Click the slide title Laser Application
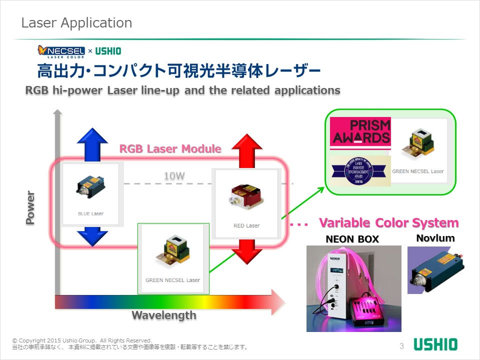[x=76, y=23]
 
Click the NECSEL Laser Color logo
[x=61, y=51]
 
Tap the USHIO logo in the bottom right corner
[x=435, y=344]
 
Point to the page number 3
[x=401, y=346]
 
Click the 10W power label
[x=174, y=176]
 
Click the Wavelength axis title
[x=164, y=315]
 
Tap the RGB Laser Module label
[x=170, y=148]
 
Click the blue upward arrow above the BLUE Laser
[x=92, y=142]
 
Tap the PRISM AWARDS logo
[x=360, y=132]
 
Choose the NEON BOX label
[x=352, y=239]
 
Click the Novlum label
[x=435, y=238]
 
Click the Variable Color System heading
[x=388, y=222]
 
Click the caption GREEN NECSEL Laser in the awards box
[x=417, y=171]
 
